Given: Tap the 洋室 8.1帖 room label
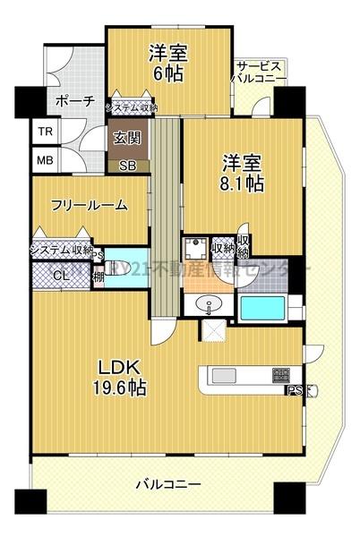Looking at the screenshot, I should pos(242,174).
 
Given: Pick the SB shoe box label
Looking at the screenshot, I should pos(127,165).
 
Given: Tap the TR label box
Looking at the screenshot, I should pos(44,132).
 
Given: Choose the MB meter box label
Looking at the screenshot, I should pos(44,160).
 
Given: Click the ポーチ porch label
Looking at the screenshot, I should pos(74,101).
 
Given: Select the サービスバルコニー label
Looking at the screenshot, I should pos(261,72).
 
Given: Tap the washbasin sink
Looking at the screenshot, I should pos(210,304).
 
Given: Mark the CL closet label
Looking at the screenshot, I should pos(59,275).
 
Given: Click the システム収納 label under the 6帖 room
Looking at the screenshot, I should pos(132,108).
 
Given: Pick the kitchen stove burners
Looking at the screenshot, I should pos(280,375).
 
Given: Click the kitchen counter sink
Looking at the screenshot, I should pos(223,375).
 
